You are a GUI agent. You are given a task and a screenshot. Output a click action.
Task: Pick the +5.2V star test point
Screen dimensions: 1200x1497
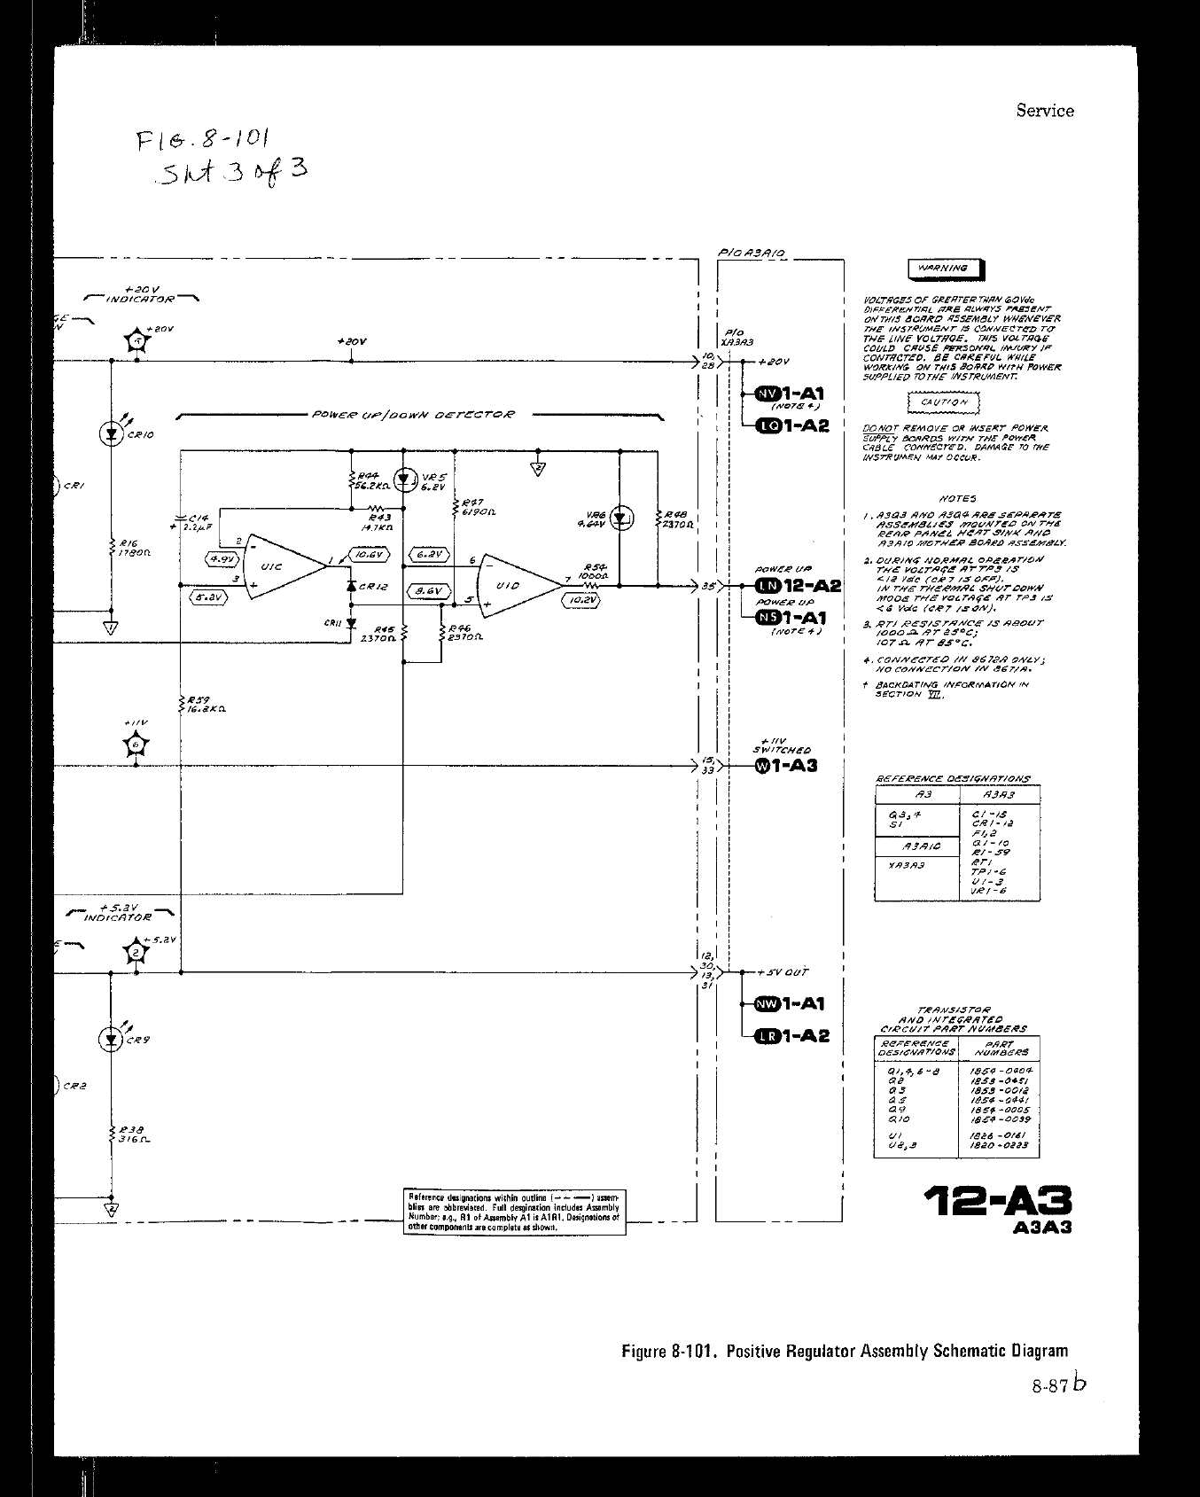136,953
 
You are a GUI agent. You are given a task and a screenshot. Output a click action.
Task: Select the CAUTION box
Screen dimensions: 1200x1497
942,403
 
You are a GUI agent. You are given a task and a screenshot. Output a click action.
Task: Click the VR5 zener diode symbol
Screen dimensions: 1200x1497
406,480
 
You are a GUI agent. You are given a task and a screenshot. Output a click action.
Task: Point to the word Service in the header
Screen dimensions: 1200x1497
1045,111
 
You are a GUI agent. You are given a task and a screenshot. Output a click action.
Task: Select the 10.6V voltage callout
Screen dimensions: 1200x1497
369,554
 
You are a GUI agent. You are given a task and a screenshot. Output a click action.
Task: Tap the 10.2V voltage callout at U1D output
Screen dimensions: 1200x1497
581,600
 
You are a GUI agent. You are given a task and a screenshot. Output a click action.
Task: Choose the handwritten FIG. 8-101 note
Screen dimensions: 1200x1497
202,139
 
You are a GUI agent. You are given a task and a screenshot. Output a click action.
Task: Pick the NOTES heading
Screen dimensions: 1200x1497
955,499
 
